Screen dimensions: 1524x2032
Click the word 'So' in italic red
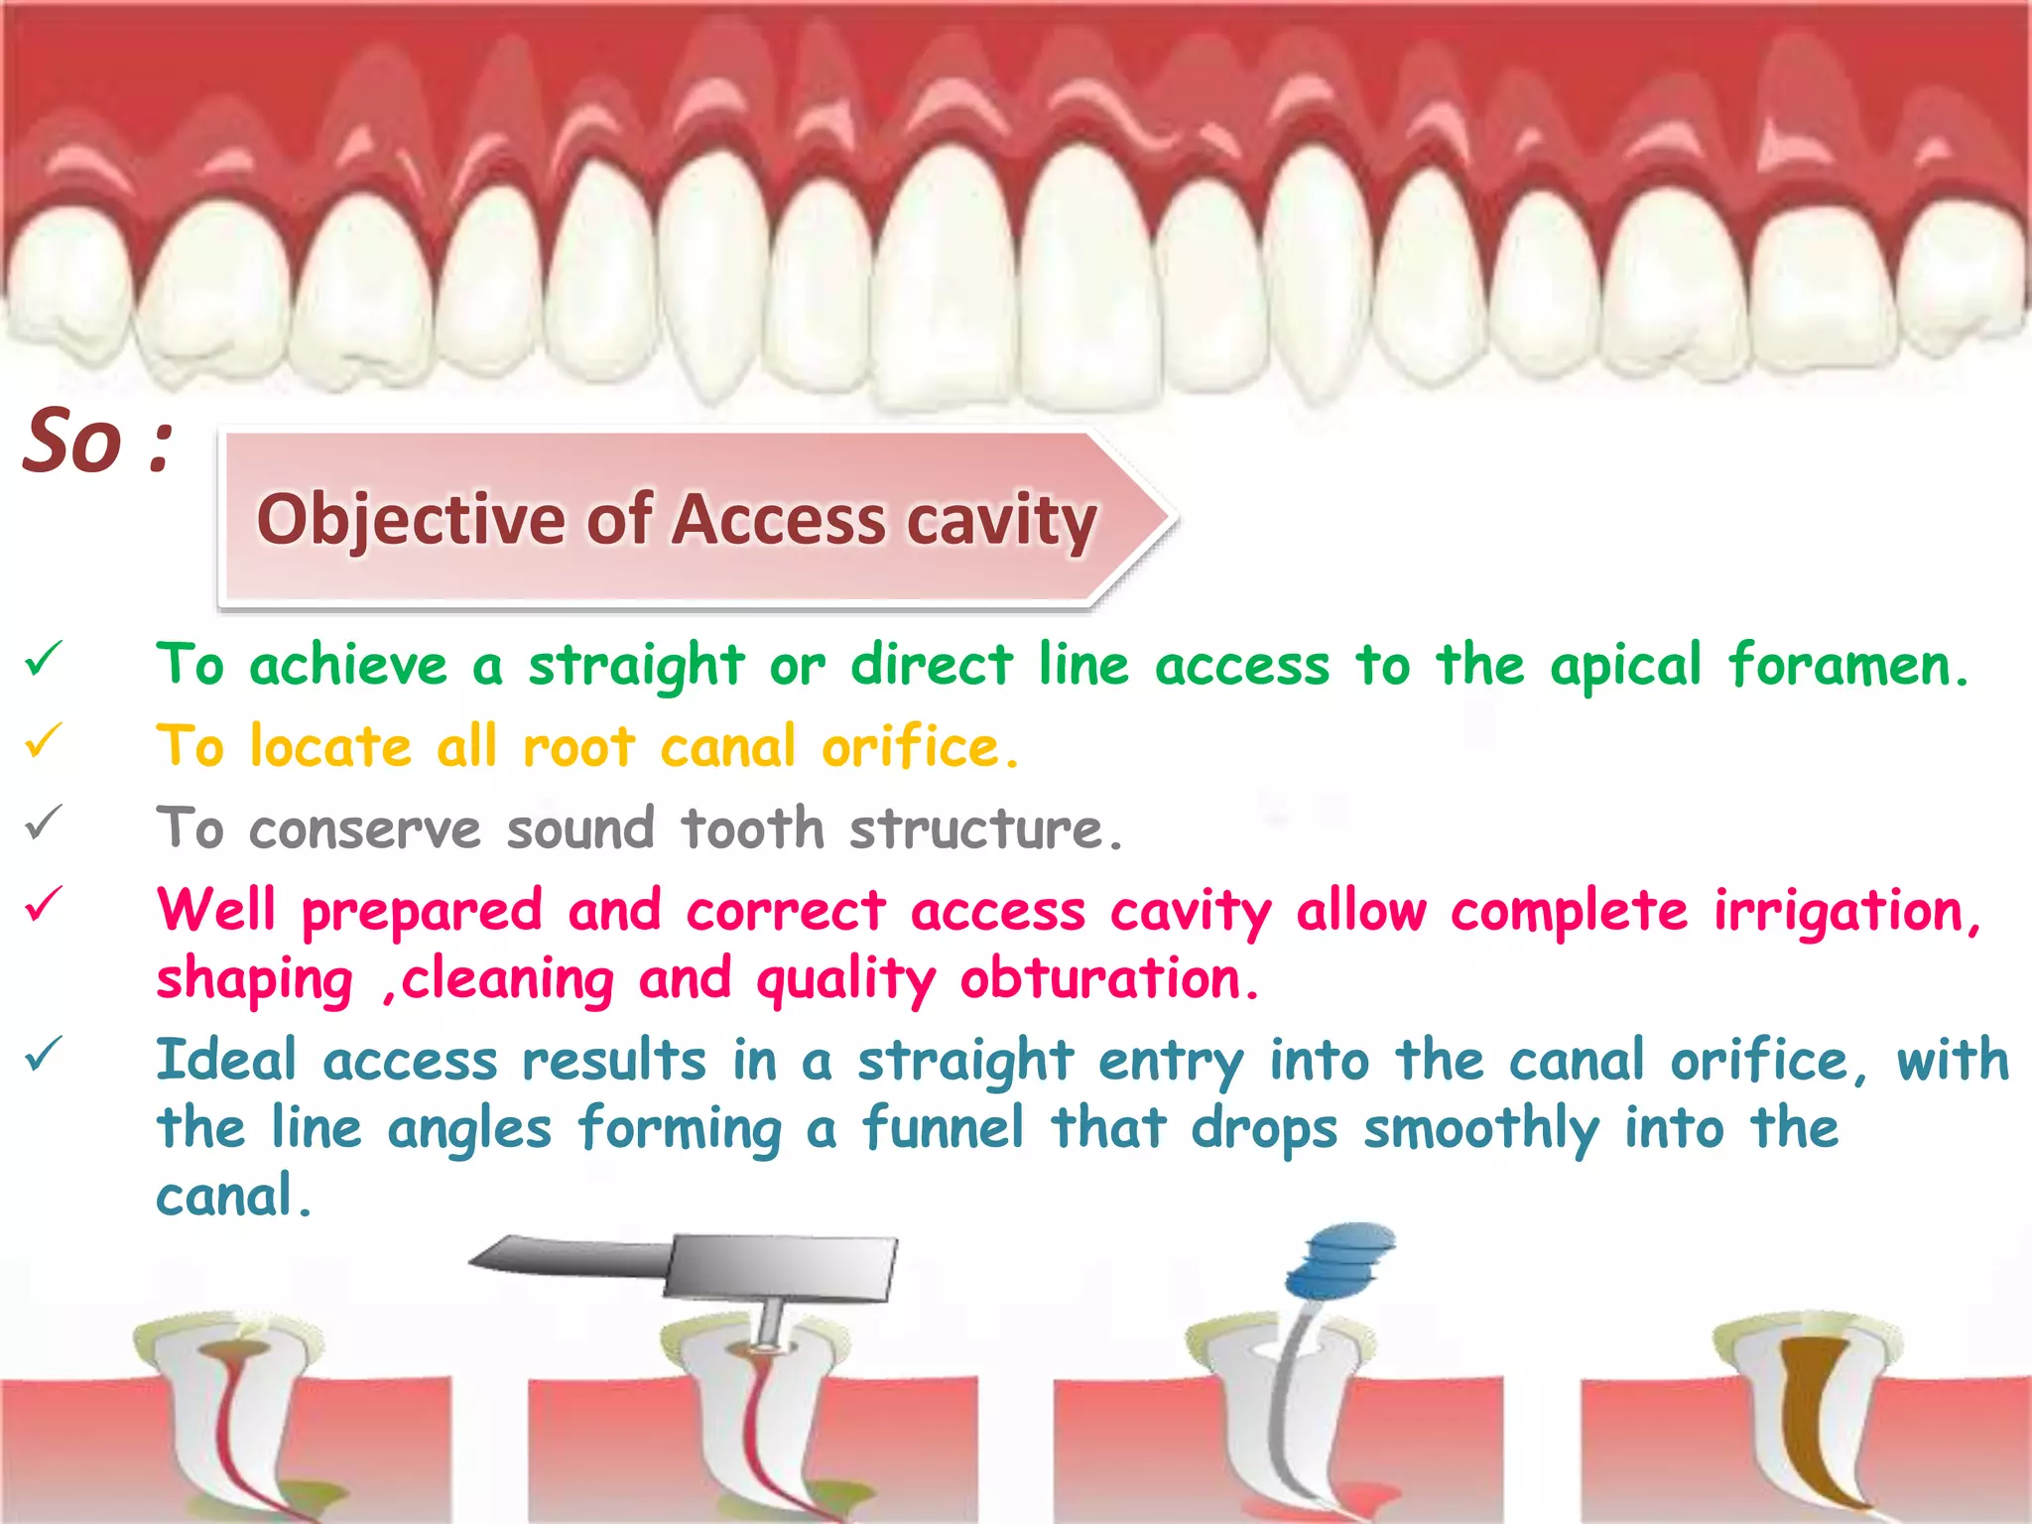coord(71,442)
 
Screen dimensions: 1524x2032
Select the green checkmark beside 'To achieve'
coord(45,660)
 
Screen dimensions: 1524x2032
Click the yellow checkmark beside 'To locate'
coord(45,741)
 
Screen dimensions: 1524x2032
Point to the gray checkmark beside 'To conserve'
coord(45,823)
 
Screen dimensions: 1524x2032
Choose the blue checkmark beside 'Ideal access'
coord(45,1054)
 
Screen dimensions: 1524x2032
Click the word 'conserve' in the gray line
coord(365,829)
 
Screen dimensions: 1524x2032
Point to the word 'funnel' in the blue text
coord(942,1129)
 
